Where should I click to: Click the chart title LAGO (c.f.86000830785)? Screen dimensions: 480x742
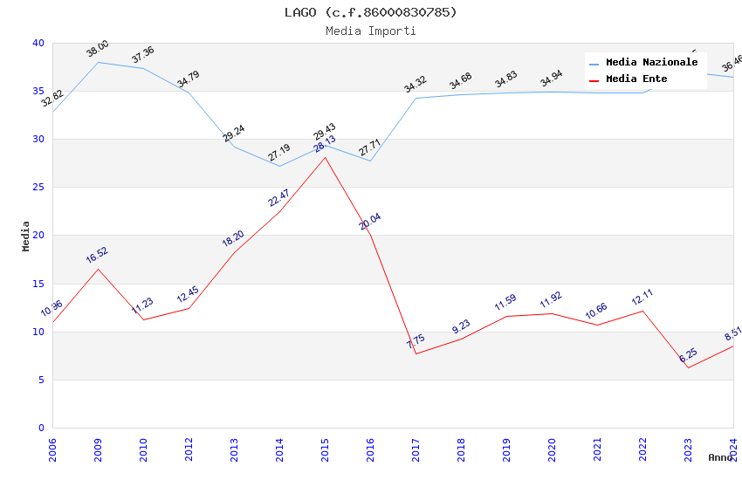click(370, 12)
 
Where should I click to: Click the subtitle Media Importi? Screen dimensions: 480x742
click(370, 31)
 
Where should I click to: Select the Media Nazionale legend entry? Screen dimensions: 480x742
click(651, 63)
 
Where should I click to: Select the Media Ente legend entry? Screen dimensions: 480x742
click(636, 79)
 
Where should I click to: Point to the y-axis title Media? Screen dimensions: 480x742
click(26, 236)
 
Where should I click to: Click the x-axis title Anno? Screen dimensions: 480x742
click(720, 457)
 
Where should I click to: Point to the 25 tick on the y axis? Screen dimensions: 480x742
click(38, 188)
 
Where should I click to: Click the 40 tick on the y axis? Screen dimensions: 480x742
click(38, 43)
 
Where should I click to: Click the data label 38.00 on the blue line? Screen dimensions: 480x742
click(98, 49)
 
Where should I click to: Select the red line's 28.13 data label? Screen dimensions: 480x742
click(325, 144)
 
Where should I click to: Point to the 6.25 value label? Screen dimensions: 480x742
click(688, 355)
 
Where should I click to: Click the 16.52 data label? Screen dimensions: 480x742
click(98, 255)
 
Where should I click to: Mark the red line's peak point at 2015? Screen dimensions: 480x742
click(325, 157)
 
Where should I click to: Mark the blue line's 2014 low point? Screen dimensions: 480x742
click(279, 166)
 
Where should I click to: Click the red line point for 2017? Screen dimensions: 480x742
click(416, 353)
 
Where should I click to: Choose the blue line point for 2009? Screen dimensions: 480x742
click(98, 62)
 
